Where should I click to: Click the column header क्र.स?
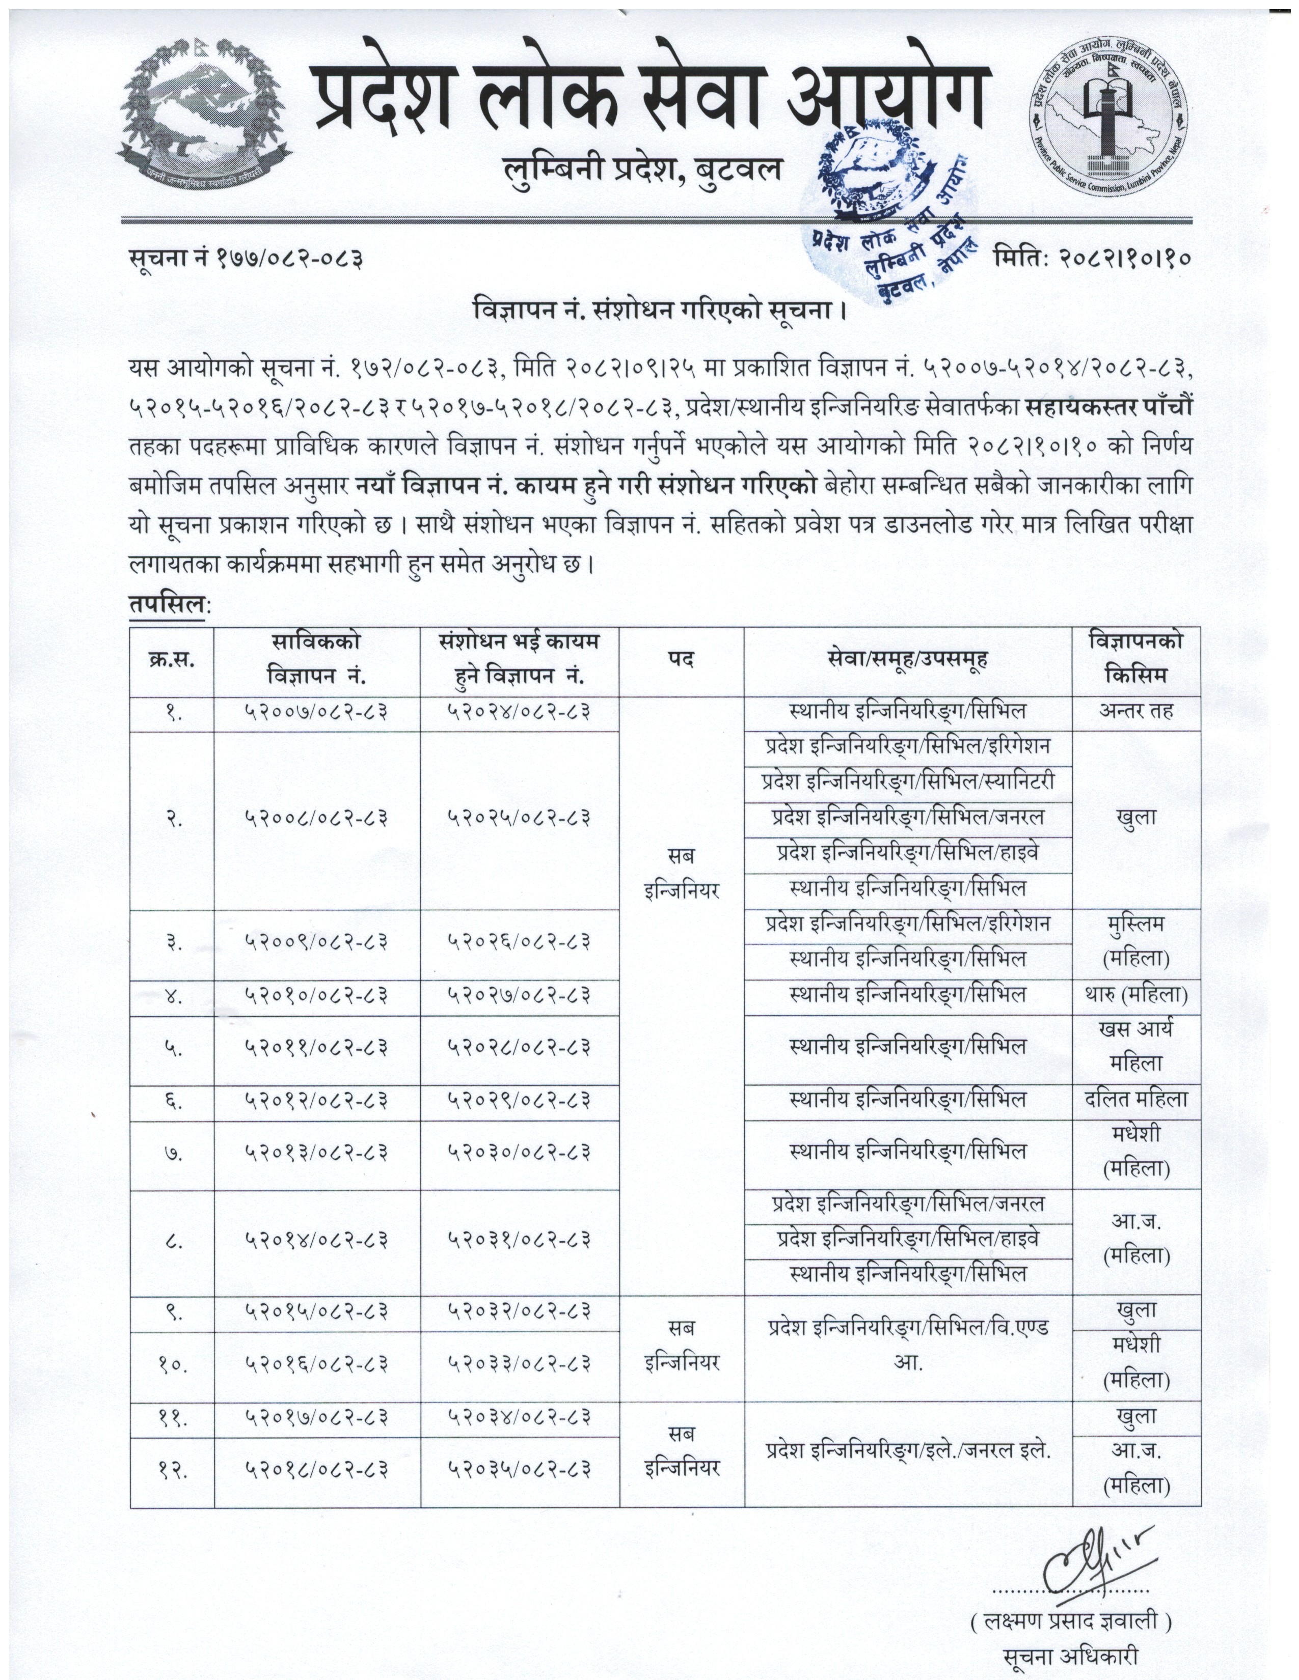171,659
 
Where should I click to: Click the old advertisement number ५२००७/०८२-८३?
316,712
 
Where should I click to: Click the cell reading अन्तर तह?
1136,712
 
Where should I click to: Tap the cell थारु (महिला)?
1136,995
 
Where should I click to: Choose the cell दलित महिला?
1136,1101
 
